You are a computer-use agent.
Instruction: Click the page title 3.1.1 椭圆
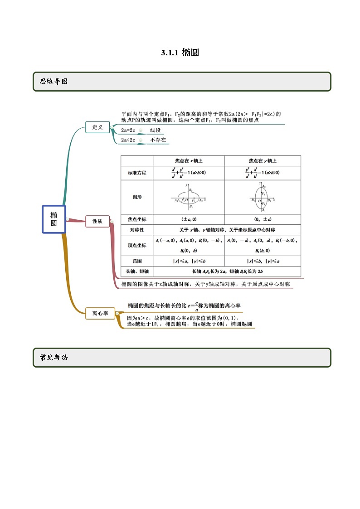tap(180, 53)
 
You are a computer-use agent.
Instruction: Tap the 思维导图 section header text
tap(54, 82)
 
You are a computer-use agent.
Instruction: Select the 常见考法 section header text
tap(54, 358)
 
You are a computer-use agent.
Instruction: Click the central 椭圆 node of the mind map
tap(54, 219)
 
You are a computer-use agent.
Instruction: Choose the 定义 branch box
tap(97, 127)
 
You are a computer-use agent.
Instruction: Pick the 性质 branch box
tap(97, 221)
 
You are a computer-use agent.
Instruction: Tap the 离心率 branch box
tap(100, 313)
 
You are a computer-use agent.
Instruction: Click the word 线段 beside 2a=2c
tap(156, 131)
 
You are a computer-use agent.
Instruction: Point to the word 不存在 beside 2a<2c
tap(158, 140)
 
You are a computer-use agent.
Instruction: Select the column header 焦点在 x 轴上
tap(189, 161)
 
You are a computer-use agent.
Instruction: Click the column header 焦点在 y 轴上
tap(263, 161)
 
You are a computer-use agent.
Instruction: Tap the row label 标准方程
tap(137, 173)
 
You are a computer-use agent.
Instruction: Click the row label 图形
tap(137, 197)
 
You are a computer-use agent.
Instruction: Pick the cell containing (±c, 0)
tap(189, 219)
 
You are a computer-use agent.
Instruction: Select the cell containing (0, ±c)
tap(263, 219)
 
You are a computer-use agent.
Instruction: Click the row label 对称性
tap(137, 230)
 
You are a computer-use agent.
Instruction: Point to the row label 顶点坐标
tap(137, 245)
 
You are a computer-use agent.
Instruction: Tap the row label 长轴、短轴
tap(137, 271)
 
